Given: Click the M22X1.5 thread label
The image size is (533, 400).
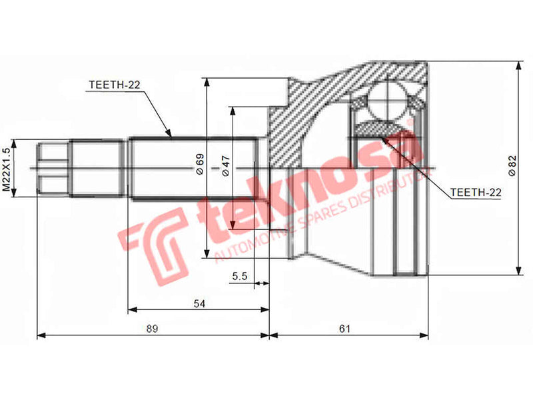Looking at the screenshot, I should tap(7, 169).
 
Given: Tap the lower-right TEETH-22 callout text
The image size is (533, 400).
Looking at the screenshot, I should tap(476, 193).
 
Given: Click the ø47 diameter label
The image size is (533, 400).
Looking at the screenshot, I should tap(225, 165).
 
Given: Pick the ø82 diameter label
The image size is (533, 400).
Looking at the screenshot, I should tap(512, 165).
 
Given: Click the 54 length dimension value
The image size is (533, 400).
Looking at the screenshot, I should tap(199, 303).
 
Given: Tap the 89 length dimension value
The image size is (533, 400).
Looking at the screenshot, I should tap(153, 329).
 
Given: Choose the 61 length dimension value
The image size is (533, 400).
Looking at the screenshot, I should tap(345, 329).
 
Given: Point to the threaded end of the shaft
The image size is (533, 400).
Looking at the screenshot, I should tap(53, 169).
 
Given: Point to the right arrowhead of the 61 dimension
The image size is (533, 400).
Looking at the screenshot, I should tap(426, 335).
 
